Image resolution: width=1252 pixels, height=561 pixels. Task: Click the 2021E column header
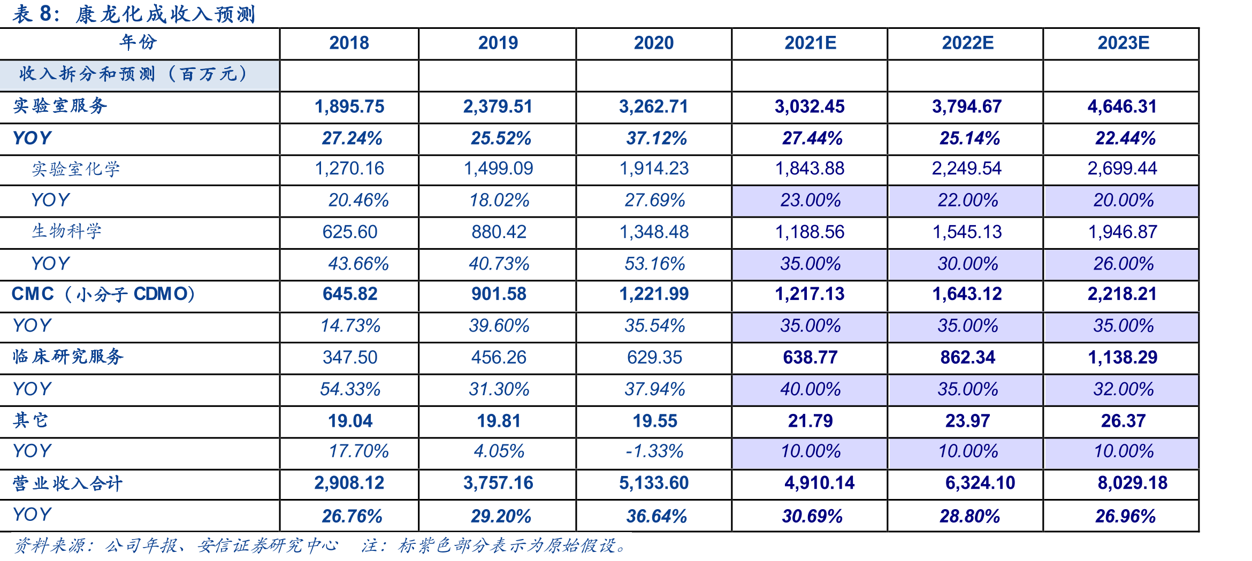coord(810,43)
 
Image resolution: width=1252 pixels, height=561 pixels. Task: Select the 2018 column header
coord(349,43)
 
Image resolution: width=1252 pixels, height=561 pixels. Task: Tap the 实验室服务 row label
coord(60,106)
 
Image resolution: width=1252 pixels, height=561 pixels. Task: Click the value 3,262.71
coord(654,106)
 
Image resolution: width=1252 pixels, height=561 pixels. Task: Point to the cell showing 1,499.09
coord(499,168)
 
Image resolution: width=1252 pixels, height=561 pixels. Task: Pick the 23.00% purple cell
coord(810,201)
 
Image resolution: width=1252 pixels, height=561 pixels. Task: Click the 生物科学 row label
coord(66,231)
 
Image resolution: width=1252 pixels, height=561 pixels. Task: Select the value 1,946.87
coord(1123,232)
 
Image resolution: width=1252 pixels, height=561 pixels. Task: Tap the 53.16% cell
coord(655,264)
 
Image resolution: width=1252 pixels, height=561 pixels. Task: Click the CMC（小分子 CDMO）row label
coord(103,294)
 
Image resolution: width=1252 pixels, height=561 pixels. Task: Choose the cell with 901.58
coord(499,294)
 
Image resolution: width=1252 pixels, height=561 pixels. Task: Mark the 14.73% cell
coord(350,326)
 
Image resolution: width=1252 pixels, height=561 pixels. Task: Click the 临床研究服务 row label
coord(68,357)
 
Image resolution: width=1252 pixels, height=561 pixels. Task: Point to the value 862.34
coord(967,357)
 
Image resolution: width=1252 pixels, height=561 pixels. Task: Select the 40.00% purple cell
coord(810,389)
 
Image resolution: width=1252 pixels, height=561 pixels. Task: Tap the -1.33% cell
coord(655,451)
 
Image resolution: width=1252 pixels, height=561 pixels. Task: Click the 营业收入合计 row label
coord(68,483)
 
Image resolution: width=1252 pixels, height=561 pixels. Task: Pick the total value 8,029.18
coord(1133,483)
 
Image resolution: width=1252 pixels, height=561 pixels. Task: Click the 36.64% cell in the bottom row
coord(656,516)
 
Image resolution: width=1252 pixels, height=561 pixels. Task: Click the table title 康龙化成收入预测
coord(165,14)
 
